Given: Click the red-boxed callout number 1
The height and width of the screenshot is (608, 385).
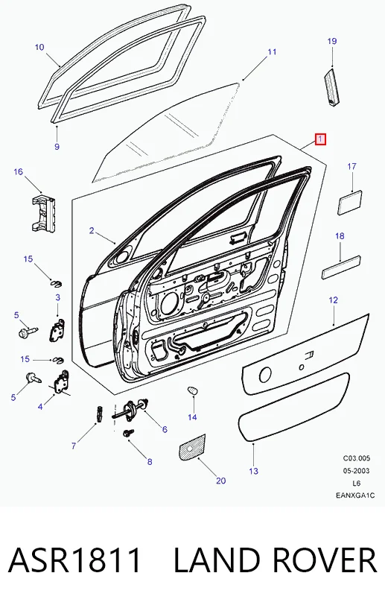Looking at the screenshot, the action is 320,139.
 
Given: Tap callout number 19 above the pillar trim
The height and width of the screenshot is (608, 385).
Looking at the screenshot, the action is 332,41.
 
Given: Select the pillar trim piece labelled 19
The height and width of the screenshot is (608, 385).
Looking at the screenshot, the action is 331,86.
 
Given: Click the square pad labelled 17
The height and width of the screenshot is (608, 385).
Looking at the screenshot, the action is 351,202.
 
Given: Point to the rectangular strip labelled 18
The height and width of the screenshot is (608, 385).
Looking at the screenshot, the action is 342,267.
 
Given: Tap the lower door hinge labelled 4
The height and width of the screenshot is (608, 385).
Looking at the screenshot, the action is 60,382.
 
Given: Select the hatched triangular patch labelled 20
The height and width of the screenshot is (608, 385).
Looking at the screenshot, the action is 192,447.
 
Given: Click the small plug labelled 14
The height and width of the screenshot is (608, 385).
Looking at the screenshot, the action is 193,390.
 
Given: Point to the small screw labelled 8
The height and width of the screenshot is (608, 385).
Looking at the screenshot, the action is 128,433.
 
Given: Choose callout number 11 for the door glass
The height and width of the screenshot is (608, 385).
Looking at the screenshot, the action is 272,51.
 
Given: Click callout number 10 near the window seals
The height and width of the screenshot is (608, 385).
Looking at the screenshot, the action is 39,47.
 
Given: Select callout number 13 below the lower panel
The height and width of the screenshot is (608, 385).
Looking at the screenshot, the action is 253,471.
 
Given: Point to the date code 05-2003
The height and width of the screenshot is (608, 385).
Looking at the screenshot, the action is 356,471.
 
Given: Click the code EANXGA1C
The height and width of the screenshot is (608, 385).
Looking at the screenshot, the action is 355,495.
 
